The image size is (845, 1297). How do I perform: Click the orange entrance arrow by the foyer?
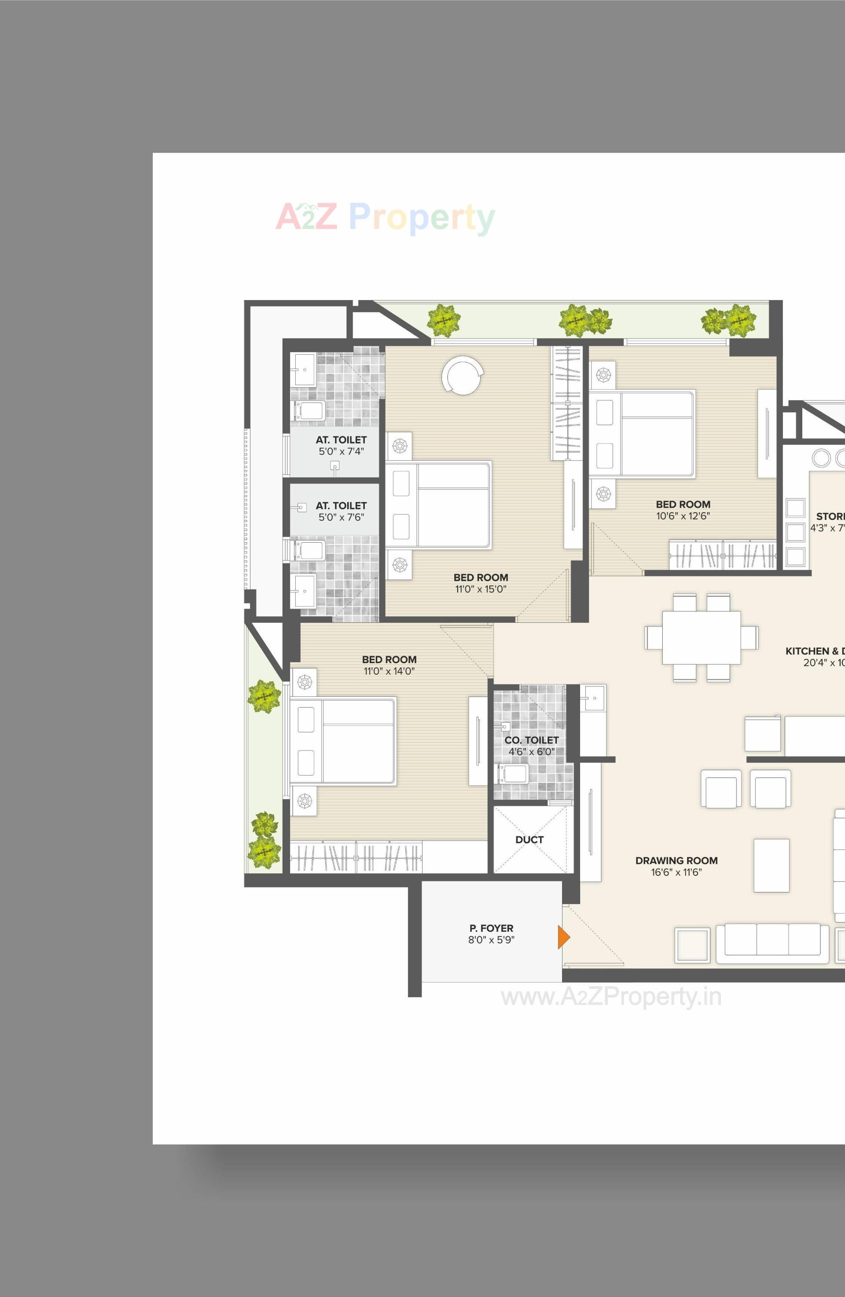pos(563,937)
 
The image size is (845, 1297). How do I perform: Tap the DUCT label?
pos(529,840)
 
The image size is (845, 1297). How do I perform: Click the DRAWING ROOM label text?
pos(676,860)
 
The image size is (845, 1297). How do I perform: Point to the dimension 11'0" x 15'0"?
pos(481,589)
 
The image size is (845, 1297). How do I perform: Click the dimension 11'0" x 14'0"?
pos(389,672)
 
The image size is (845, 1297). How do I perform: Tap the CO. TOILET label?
pos(531,740)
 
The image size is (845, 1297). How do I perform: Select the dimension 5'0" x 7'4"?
pos(341,451)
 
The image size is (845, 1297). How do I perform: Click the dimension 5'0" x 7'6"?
pos(341,517)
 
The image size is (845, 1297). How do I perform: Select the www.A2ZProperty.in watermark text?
pos(611,997)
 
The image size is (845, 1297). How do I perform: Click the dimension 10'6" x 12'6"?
pos(683,516)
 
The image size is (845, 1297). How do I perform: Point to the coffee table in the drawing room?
pos(771,865)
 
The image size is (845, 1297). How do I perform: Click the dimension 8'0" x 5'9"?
pos(491,940)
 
